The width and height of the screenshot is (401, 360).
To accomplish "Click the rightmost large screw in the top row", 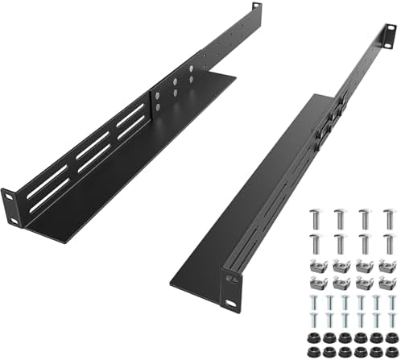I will point(388,218).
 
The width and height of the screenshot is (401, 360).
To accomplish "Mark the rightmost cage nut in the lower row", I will point(387,282).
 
